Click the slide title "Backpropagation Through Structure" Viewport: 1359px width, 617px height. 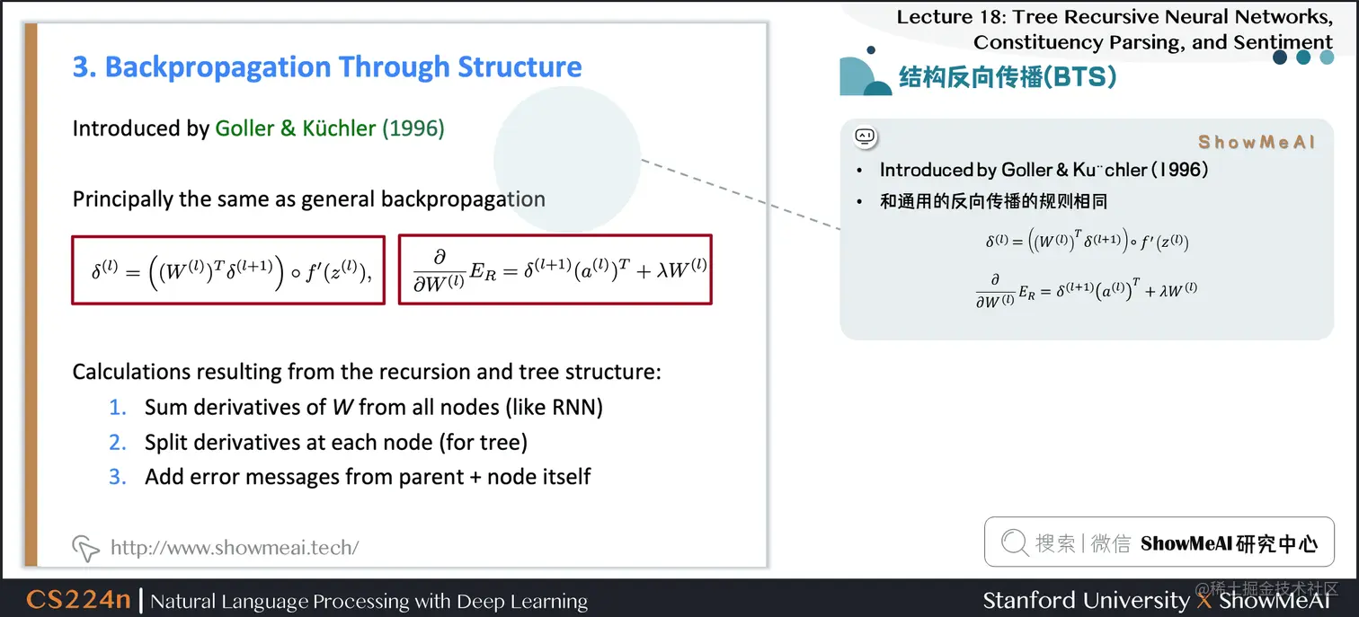343,66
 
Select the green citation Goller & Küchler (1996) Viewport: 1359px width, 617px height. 330,128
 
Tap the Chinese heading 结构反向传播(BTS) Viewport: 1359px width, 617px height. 1007,77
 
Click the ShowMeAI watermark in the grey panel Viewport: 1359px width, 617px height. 1257,142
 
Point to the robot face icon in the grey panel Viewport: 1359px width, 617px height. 866,137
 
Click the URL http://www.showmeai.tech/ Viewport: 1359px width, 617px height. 235,547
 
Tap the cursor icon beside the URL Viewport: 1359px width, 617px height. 85,548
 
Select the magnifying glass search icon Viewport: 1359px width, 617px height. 1015,542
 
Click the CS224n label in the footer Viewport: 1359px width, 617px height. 78,600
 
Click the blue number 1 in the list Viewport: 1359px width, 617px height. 117,408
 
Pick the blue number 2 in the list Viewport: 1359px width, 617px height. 117,443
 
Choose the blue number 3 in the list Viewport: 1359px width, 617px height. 117,477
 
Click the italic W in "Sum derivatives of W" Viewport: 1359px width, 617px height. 342,408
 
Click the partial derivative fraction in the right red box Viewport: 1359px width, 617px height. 439,270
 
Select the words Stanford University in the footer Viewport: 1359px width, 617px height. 1086,600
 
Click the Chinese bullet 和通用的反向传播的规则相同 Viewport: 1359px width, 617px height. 993,201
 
